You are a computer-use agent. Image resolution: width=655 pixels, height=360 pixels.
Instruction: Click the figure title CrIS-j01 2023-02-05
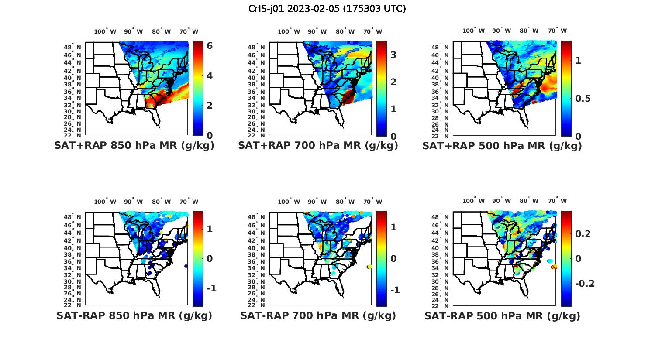[327, 9]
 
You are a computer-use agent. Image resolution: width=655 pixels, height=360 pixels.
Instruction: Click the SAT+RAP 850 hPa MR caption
[134, 146]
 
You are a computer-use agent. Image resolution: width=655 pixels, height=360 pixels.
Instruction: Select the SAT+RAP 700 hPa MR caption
[318, 146]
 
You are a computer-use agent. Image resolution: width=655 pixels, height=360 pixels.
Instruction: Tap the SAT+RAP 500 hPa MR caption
[502, 146]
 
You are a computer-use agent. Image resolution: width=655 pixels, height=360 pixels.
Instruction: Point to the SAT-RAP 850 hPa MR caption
[134, 315]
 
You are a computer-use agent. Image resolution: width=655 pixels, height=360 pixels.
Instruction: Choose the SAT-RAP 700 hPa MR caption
[318, 315]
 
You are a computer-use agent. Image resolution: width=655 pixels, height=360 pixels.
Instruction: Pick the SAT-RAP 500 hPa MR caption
[502, 315]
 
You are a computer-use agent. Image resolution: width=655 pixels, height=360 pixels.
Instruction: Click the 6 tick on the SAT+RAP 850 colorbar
[210, 46]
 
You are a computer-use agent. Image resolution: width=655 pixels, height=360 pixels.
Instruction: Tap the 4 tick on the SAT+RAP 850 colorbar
[210, 76]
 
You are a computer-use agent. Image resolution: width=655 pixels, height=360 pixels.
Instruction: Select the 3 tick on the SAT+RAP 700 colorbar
[393, 55]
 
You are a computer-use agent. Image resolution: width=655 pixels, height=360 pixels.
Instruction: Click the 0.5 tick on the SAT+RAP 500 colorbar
[583, 99]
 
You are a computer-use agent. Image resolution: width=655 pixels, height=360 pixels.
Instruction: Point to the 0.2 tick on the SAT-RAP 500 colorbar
[583, 234]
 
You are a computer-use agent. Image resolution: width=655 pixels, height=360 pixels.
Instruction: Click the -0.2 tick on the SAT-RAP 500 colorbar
[585, 284]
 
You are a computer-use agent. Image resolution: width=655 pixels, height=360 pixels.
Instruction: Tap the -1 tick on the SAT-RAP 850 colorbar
[211, 289]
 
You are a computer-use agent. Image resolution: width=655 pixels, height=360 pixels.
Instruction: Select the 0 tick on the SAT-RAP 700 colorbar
[393, 259]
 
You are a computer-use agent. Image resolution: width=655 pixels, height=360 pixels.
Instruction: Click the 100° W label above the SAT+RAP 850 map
[105, 31]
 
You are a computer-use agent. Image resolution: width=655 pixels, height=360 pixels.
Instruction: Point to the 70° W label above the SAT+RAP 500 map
[557, 31]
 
